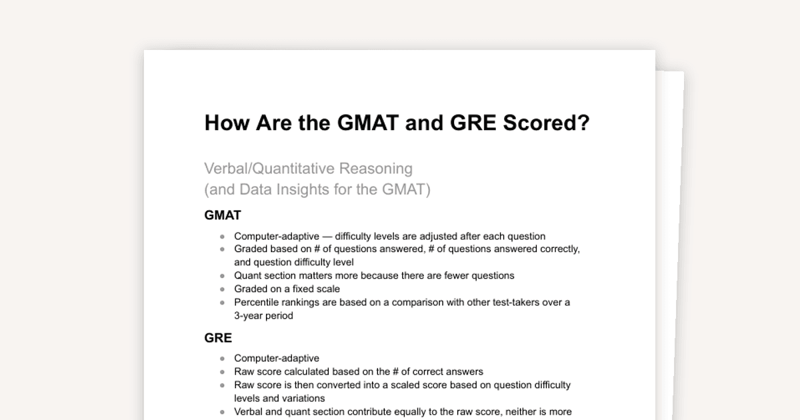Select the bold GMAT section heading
pyautogui.click(x=223, y=215)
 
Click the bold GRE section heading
pyautogui.click(x=218, y=338)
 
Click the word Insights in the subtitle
pyautogui.click(x=312, y=190)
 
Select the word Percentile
pyautogui.click(x=257, y=303)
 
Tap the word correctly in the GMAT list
pyautogui.click(x=558, y=249)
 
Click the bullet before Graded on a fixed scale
pyautogui.click(x=223, y=289)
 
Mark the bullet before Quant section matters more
pyautogui.click(x=223, y=275)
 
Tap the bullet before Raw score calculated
pyautogui.click(x=223, y=372)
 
